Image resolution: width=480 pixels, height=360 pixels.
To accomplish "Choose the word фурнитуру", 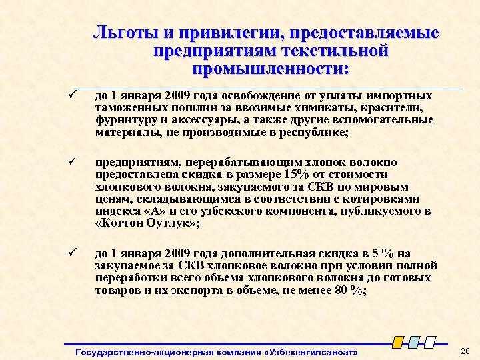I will [127, 120].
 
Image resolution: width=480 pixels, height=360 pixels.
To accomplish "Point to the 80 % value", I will [347, 291].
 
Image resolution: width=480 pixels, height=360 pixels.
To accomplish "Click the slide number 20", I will [465, 351].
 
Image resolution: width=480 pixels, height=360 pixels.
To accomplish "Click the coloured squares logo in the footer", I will [413, 341].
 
